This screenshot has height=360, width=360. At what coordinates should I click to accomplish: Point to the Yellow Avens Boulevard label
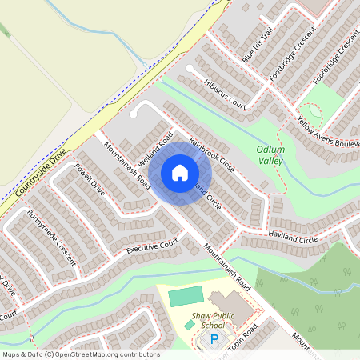pyautogui.click(x=329, y=130)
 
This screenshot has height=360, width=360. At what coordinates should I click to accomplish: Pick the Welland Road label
pyautogui.click(x=155, y=149)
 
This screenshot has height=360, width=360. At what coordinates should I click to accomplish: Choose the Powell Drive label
pyautogui.click(x=90, y=181)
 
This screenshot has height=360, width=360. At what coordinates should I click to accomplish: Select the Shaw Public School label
pyautogui.click(x=212, y=321)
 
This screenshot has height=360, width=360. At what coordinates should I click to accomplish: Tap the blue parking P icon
pyautogui.click(x=214, y=339)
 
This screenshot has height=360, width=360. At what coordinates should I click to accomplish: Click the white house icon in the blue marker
pyautogui.click(x=180, y=173)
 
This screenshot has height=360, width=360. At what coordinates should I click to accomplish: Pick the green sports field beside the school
pyautogui.click(x=186, y=296)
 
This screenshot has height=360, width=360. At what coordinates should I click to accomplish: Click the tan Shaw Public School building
pyautogui.click(x=229, y=305)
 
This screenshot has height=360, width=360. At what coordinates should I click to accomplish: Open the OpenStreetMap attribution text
pyautogui.click(x=80, y=354)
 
